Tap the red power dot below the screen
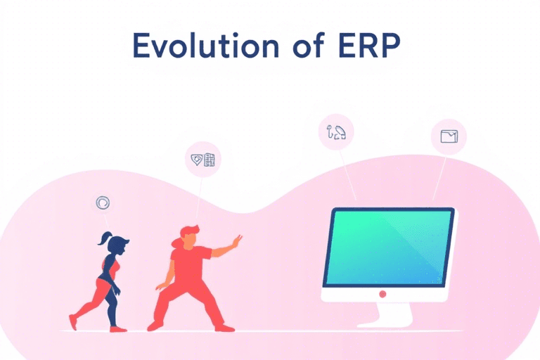[x=382, y=293]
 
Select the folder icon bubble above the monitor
[x=448, y=136]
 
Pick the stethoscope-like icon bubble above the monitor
[x=336, y=131]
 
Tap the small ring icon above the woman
[x=103, y=203]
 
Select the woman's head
[x=120, y=246]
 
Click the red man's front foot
[x=224, y=328]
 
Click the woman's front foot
[x=118, y=328]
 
